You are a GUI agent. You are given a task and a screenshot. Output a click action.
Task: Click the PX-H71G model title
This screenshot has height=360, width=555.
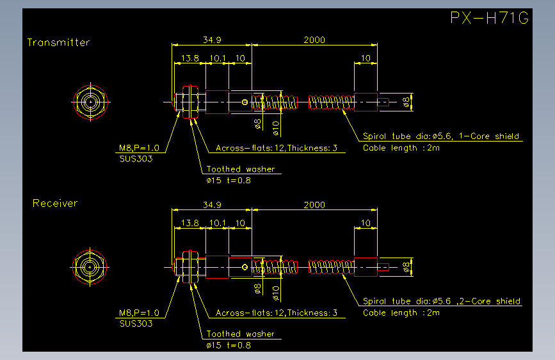[x=490, y=18]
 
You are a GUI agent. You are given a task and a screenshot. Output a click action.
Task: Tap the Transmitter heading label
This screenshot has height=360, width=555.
[x=58, y=42]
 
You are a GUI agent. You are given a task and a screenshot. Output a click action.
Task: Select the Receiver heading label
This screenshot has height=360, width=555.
[x=55, y=203]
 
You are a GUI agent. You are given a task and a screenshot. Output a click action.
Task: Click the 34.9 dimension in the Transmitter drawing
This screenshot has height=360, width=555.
[x=212, y=40]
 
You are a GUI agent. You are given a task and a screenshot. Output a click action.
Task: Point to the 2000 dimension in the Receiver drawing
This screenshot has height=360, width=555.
[x=314, y=205]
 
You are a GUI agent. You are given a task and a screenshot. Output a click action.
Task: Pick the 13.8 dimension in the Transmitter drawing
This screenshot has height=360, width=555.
[x=190, y=58]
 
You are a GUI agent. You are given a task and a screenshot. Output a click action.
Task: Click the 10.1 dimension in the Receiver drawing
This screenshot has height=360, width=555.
[x=218, y=223]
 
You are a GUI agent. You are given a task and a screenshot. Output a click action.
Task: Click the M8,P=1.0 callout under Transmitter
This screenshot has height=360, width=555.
[x=139, y=148]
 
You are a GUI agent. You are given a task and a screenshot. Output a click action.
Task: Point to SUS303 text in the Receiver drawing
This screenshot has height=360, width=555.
[x=136, y=323]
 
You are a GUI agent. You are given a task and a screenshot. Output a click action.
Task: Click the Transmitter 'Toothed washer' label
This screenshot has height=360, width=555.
[x=241, y=169]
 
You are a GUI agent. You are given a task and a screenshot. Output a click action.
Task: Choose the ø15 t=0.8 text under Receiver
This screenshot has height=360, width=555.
[x=229, y=345]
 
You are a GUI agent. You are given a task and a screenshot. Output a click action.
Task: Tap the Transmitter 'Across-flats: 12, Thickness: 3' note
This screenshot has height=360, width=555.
[x=277, y=148]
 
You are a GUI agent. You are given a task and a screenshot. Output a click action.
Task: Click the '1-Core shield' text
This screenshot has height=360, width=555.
[x=489, y=136]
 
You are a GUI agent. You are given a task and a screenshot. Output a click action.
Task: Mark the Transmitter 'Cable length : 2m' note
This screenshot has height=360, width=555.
[x=401, y=148]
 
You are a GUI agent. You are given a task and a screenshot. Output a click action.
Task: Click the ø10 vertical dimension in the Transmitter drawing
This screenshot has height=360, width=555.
[x=276, y=128]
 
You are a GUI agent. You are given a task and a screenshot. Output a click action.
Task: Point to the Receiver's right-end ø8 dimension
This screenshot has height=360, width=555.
[x=406, y=267]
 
